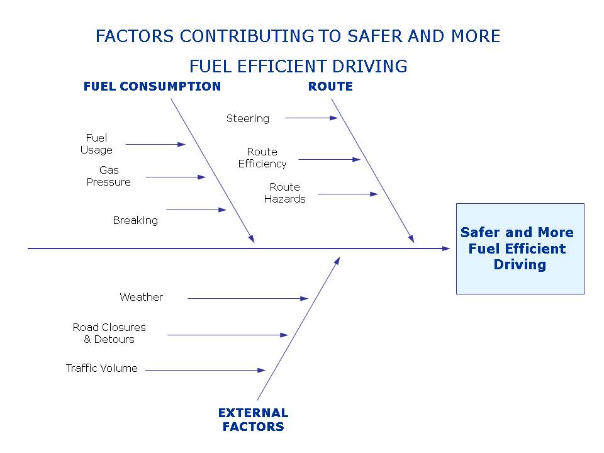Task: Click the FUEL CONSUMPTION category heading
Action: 152,87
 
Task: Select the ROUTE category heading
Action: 330,87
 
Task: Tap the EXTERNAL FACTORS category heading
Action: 253,420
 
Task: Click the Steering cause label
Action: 248,118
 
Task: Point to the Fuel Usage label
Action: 96,144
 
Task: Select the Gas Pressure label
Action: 109,176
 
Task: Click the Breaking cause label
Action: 135,220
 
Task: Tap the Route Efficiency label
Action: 262,158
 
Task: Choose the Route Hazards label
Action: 285,193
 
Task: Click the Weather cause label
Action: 141,297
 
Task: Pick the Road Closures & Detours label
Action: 109,333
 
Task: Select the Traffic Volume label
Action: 102,368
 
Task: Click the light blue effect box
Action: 520,249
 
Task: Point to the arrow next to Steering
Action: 311,118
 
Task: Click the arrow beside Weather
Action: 248,298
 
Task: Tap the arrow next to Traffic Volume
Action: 205,371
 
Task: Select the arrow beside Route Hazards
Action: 348,194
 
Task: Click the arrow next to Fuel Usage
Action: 155,144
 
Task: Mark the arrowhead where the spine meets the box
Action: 447,249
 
